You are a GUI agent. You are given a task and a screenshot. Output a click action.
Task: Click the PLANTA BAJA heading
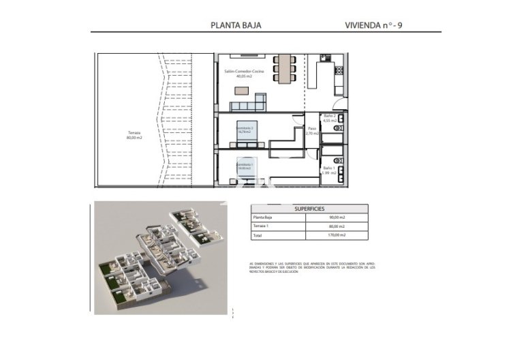(x=238, y=25)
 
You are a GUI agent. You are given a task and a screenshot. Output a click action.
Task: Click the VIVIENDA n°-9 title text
(x=378, y=25)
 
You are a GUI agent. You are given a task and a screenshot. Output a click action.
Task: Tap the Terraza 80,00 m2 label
(x=134, y=135)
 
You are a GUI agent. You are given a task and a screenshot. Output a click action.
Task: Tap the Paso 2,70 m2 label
(x=312, y=130)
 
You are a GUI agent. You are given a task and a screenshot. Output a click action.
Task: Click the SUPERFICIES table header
(x=309, y=209)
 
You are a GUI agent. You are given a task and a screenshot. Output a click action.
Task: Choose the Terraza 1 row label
(x=261, y=226)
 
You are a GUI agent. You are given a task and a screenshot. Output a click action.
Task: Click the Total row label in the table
(x=256, y=235)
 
